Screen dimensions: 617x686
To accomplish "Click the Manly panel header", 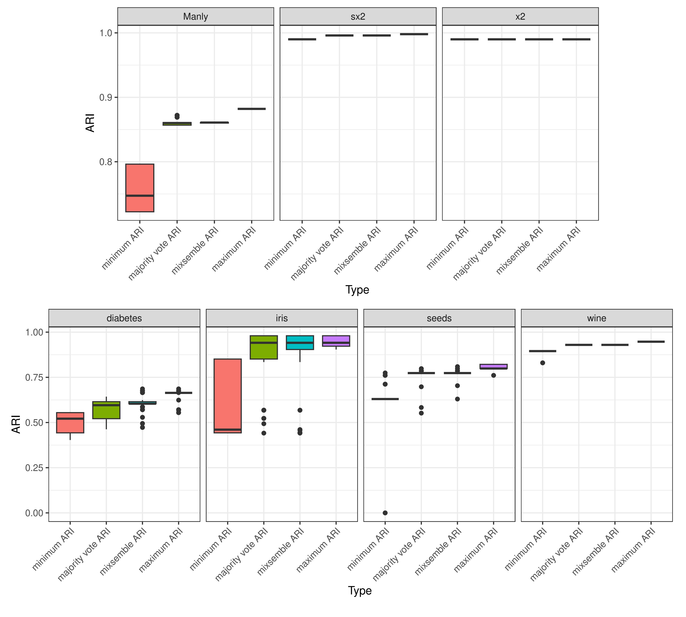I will [x=195, y=17].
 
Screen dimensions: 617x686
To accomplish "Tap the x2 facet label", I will [x=520, y=17].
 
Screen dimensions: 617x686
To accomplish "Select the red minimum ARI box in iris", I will [x=228, y=393].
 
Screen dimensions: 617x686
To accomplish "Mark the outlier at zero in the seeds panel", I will [x=385, y=513].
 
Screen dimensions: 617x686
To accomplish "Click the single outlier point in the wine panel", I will [x=542, y=363].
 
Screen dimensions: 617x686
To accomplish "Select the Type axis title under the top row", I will [x=357, y=290].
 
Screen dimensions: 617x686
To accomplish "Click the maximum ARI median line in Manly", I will [x=252, y=109].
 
